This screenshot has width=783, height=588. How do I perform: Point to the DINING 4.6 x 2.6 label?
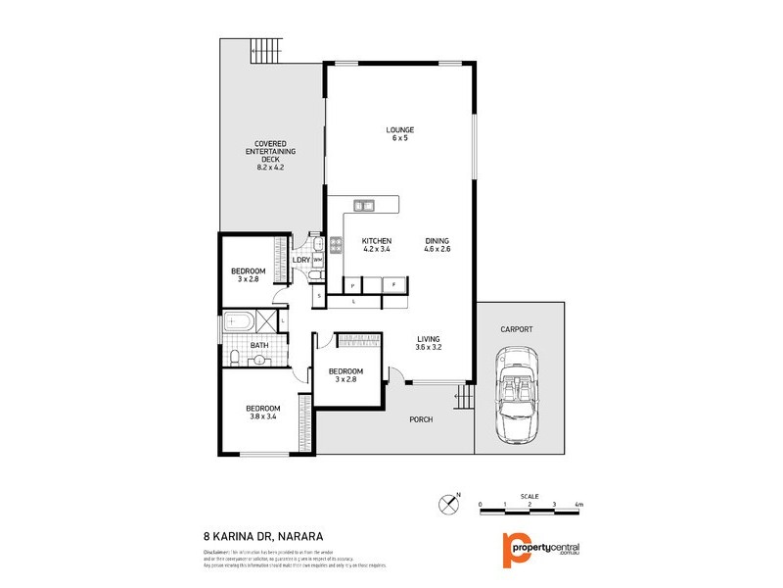point(438,245)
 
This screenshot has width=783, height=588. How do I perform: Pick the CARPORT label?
point(516,329)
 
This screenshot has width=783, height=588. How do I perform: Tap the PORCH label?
point(421,419)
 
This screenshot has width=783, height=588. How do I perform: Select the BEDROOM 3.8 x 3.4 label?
point(262,413)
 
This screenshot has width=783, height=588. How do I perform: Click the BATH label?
point(259,345)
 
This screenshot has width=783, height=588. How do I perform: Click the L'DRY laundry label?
point(301,260)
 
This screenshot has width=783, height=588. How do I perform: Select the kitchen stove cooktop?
point(335,246)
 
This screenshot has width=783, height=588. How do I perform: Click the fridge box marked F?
point(393,284)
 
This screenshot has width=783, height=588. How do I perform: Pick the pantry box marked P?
point(352,284)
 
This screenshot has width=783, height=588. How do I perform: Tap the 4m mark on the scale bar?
point(578,505)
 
